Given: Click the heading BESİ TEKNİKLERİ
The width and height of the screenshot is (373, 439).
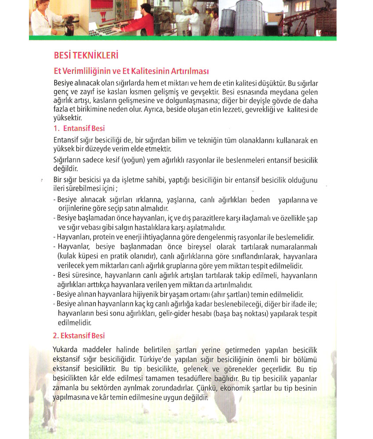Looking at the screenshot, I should click(x=86, y=56).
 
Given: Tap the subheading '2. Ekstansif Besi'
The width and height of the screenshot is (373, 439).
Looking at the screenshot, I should click(x=79, y=336).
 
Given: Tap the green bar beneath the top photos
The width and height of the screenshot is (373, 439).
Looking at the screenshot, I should click(x=183, y=38).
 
